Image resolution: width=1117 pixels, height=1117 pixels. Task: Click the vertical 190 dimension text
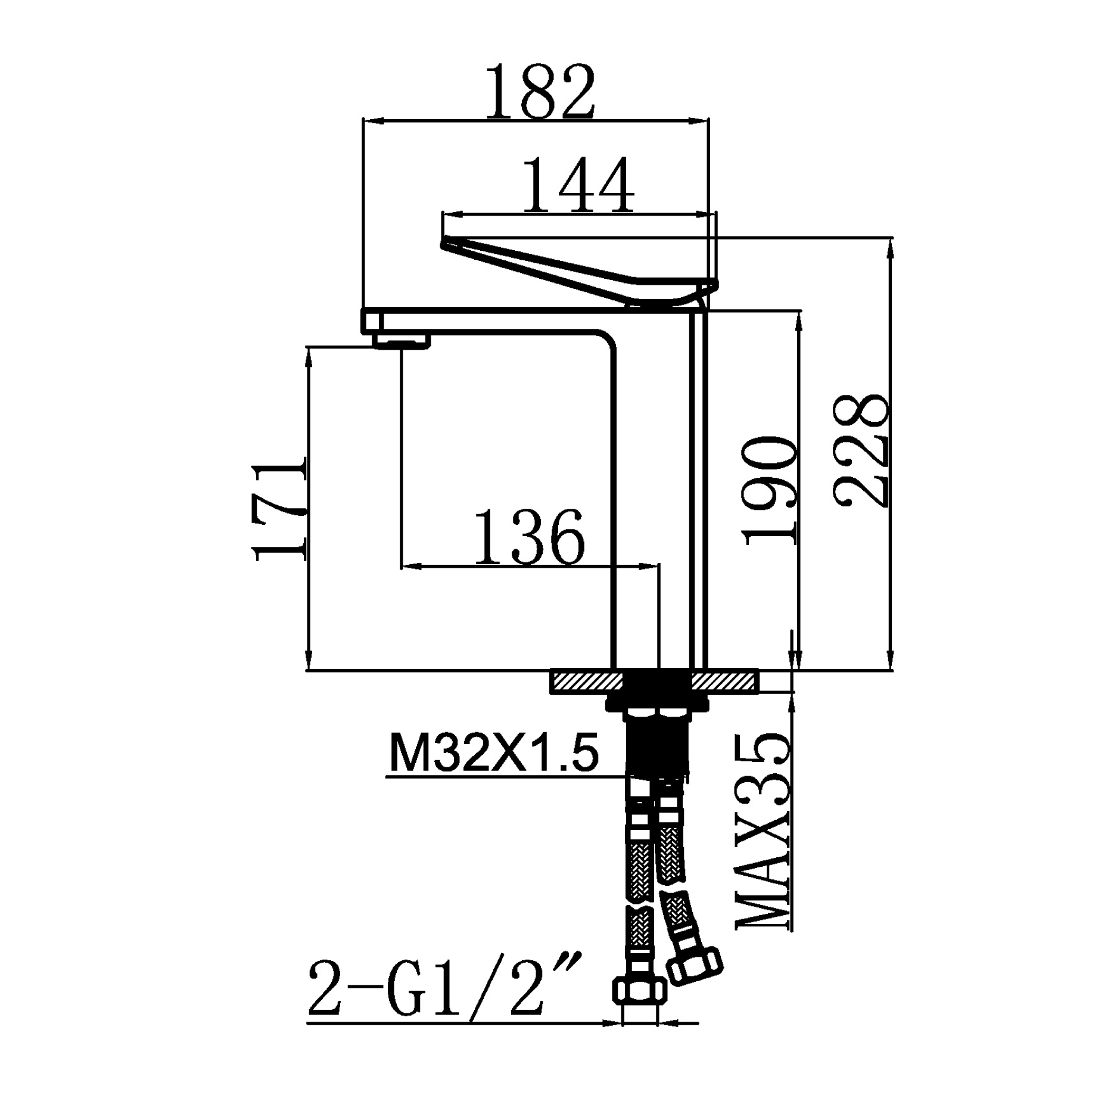click(x=769, y=490)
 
